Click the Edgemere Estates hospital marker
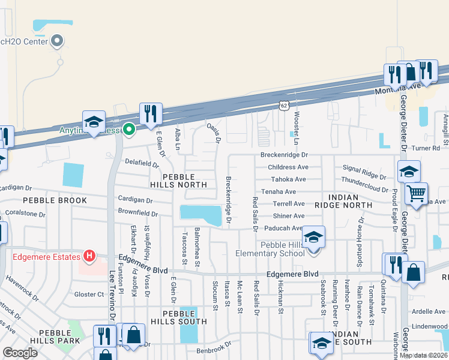click(89, 257)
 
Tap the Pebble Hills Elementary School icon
click(313, 237)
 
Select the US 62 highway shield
click(283, 105)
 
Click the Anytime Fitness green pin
click(128, 129)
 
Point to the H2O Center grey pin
click(58, 41)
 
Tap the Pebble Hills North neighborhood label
click(178, 181)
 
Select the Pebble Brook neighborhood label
click(55, 200)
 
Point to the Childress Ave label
click(288, 167)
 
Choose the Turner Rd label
click(427, 148)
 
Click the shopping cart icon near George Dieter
click(415, 193)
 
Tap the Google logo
click(20, 353)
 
